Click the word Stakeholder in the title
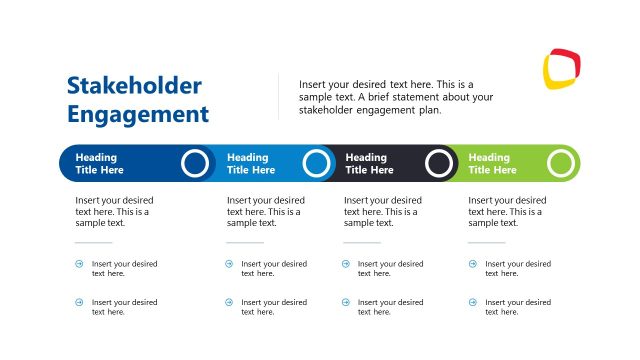[134, 86]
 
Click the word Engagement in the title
[138, 114]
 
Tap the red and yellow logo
[561, 69]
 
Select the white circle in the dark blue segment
[196, 163]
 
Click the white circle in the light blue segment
[316, 163]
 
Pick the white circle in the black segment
[439, 163]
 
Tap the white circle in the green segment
[562, 163]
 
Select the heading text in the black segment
[369, 163]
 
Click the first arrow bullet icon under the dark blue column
[80, 264]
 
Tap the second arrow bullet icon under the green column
[473, 302]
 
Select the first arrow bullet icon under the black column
[346, 264]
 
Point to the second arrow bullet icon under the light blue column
[229, 302]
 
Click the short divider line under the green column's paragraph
[487, 242]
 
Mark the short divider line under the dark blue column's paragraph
[94, 242]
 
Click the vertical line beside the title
[279, 96]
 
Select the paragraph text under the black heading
[382, 211]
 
